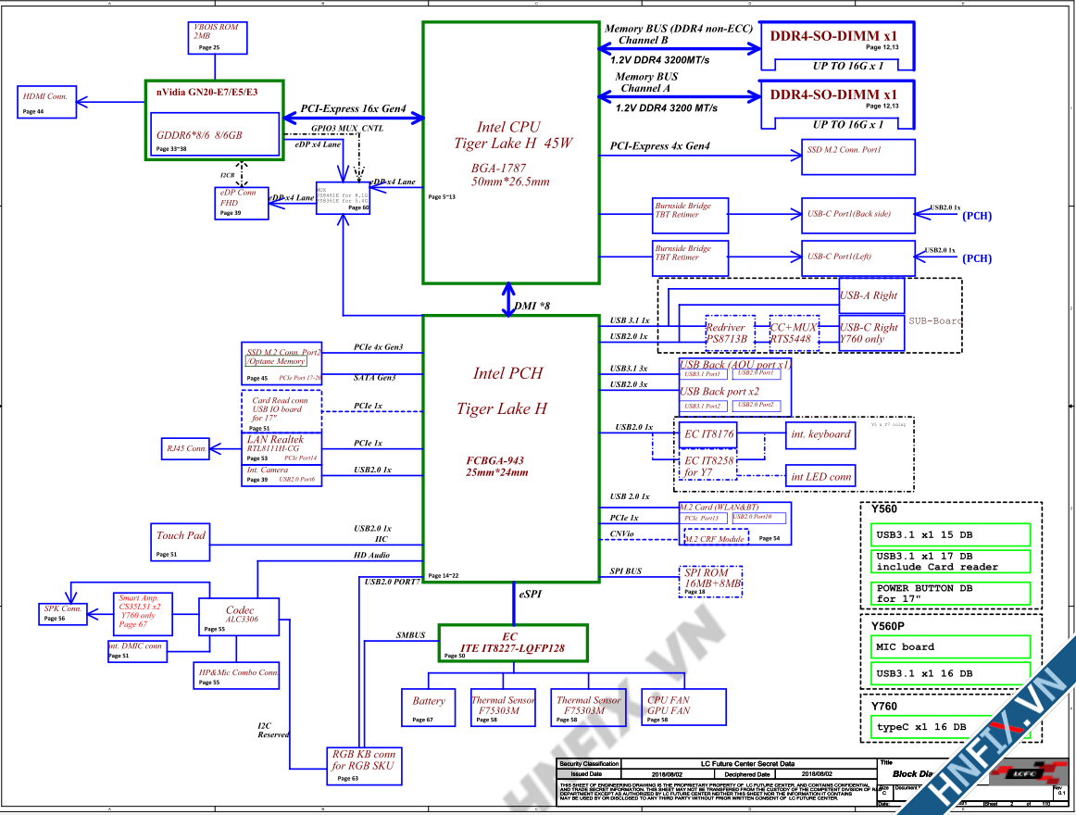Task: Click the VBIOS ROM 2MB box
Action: point(215,37)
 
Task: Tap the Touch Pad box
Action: point(181,542)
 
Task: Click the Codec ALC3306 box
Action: point(239,617)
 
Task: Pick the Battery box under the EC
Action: point(429,708)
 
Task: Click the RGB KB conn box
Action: point(364,765)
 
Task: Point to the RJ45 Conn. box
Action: point(184,448)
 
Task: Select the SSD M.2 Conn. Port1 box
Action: point(857,157)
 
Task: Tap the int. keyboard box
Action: point(820,434)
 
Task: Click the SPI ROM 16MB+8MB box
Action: point(711,580)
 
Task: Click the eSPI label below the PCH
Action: point(532,594)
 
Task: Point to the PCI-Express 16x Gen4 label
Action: point(354,109)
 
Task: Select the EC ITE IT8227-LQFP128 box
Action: point(513,643)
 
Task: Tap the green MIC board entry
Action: point(950,646)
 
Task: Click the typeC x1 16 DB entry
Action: point(950,727)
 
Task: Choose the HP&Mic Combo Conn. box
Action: point(238,676)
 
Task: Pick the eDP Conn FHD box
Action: point(241,203)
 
